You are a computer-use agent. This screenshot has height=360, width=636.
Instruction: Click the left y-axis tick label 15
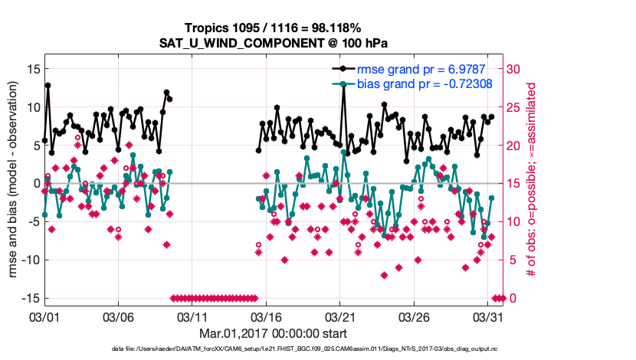click(x=32, y=69)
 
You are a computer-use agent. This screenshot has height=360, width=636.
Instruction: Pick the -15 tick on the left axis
click(x=29, y=298)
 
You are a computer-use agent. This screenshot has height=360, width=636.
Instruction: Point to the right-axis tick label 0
click(x=511, y=298)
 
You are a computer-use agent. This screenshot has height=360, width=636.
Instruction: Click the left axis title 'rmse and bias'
click(x=15, y=184)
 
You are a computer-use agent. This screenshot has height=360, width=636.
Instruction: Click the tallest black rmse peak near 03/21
click(x=345, y=88)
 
